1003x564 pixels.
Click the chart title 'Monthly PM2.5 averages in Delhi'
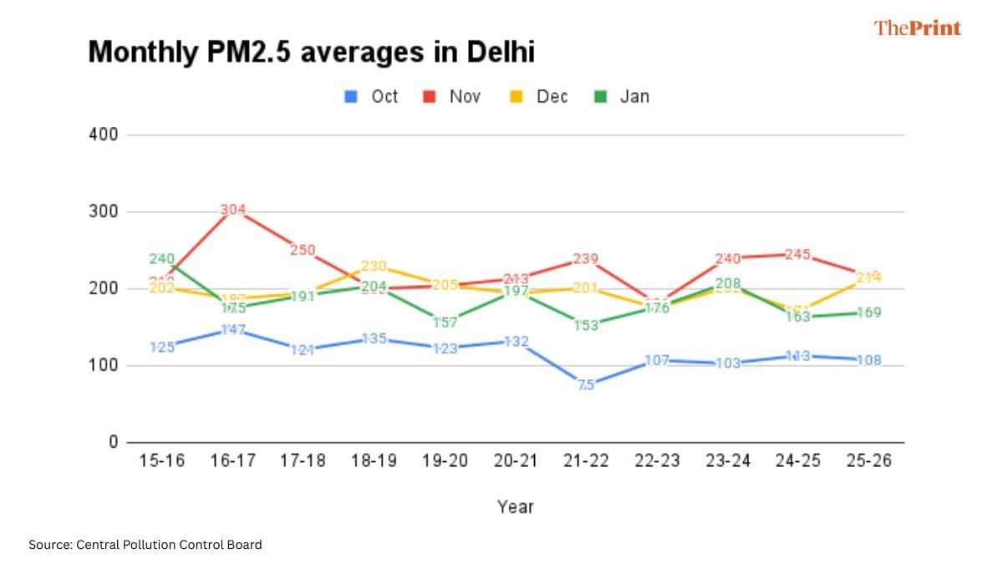click(x=311, y=53)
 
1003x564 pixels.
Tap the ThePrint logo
click(x=918, y=28)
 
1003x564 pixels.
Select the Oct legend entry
click(x=372, y=96)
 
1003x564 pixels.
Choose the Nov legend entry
click(x=452, y=96)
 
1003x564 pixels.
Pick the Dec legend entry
click(x=539, y=96)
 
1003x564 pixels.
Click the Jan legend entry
click(x=622, y=96)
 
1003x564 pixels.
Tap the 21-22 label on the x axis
click(x=586, y=462)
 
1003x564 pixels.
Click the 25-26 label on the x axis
click(x=868, y=462)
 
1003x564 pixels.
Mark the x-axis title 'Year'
click(x=515, y=506)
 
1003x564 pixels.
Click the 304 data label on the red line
click(x=233, y=210)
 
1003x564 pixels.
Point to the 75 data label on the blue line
click(x=586, y=385)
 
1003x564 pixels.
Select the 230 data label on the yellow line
click(x=374, y=266)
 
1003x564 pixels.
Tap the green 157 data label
click(x=445, y=323)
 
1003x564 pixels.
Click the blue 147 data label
click(x=233, y=330)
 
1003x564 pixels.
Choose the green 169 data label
click(x=868, y=312)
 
